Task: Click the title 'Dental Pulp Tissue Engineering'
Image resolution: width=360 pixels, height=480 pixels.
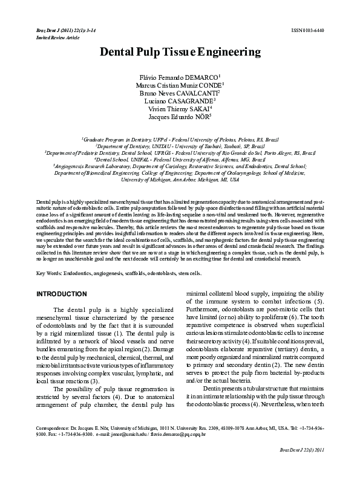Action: (x=180, y=53)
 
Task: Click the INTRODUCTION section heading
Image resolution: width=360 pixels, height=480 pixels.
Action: (x=62, y=294)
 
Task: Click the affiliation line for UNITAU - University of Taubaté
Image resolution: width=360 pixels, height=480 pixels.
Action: (x=180, y=146)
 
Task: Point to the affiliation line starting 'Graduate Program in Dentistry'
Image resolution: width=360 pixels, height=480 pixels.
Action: (x=180, y=138)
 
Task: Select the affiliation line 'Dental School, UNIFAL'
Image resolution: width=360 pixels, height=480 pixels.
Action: (x=180, y=160)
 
